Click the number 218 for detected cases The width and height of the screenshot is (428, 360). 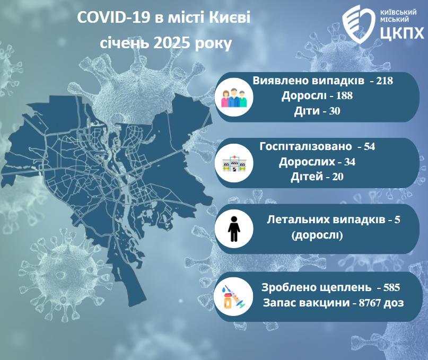click(x=385, y=81)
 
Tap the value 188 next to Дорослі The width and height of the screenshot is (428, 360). click(x=344, y=96)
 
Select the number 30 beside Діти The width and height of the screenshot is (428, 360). click(x=334, y=111)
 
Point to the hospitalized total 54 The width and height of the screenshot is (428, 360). click(x=369, y=146)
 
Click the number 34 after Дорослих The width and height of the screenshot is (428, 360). click(x=350, y=162)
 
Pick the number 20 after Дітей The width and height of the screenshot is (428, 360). click(x=338, y=177)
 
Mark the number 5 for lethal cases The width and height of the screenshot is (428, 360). click(x=397, y=219)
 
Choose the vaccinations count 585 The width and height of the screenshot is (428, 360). click(x=391, y=287)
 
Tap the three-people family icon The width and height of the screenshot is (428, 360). click(x=234, y=98)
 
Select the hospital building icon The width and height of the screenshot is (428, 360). click(x=234, y=163)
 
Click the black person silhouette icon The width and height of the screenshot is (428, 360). click(x=234, y=229)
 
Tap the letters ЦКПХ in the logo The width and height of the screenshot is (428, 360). click(x=402, y=33)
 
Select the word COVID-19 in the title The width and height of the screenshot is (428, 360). click(x=113, y=17)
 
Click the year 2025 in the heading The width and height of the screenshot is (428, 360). click(x=172, y=43)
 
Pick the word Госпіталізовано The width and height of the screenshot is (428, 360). click(x=305, y=146)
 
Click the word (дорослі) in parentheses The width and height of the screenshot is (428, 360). click(x=317, y=235)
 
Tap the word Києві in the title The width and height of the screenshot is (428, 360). click(x=230, y=17)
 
